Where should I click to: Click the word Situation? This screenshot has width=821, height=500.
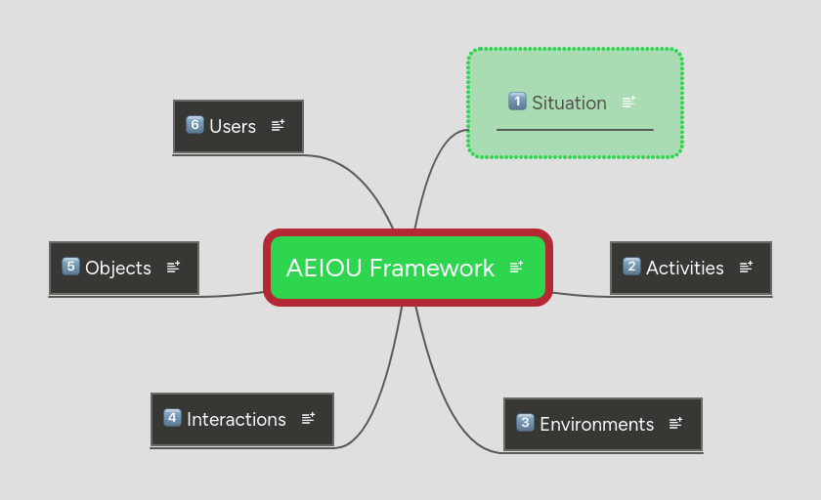tap(569, 103)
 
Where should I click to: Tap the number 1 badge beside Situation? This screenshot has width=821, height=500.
tap(518, 101)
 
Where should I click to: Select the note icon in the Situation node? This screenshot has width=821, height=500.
tap(628, 102)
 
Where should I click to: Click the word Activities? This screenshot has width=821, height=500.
tap(684, 268)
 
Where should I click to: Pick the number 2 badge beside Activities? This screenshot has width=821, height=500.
tap(632, 267)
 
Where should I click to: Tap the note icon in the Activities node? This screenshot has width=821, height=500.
tap(746, 267)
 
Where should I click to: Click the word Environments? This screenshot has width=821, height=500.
tap(596, 424)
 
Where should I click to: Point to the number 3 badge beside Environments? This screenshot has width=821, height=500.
tap(526, 423)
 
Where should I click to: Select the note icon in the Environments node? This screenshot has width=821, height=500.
tap(675, 423)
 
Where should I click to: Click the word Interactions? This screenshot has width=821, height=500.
tap(236, 419)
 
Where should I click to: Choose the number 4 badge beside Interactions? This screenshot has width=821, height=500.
tap(173, 418)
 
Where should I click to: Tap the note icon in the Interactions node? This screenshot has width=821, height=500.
tap(308, 418)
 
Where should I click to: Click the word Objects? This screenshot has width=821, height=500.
tap(117, 268)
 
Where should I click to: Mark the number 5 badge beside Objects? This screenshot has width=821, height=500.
tap(70, 267)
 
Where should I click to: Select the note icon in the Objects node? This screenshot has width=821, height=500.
tap(173, 267)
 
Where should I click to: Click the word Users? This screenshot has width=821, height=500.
tap(232, 126)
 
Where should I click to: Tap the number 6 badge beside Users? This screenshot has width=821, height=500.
tap(194, 125)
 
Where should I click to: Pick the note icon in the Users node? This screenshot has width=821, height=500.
tap(278, 125)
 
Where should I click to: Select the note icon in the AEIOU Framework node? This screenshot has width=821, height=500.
tap(516, 267)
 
